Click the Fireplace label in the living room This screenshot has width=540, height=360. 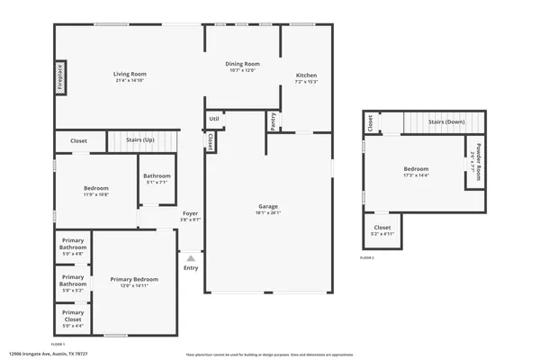[x=61, y=78]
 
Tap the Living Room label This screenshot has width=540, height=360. [x=130, y=74]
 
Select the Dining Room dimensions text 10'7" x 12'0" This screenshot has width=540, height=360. [x=242, y=71]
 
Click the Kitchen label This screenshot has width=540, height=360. [x=307, y=75]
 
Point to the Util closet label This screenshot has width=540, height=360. [x=213, y=118]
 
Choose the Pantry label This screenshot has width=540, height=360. [x=272, y=121]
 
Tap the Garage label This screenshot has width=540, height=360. [x=267, y=206]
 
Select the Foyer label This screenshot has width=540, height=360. [x=190, y=212]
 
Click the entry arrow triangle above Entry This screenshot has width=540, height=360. [x=191, y=258]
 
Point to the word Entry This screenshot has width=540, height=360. [x=191, y=268]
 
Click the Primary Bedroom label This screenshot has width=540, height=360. [x=134, y=279]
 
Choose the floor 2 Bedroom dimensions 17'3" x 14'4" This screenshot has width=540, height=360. [x=416, y=175]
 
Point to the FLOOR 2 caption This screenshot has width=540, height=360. [x=366, y=257]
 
